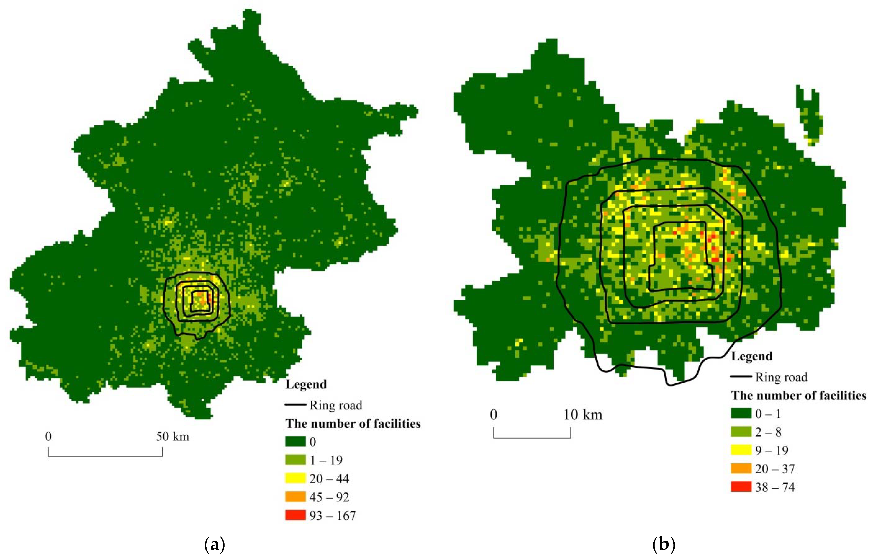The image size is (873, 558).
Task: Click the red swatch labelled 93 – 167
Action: (295, 515)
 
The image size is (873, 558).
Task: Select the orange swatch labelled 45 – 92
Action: (295, 497)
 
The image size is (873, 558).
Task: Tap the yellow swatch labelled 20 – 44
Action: (295, 478)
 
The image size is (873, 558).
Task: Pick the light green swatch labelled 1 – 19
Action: (295, 460)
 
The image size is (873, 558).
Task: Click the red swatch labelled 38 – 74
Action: (741, 487)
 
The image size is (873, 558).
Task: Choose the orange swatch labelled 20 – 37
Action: (741, 468)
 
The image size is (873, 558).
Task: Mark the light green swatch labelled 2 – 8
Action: (741, 432)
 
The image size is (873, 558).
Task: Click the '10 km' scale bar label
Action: (583, 414)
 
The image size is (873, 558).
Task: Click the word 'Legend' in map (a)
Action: (306, 384)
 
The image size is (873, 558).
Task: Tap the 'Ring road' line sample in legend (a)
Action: (296, 404)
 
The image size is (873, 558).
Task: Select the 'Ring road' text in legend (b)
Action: (781, 377)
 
